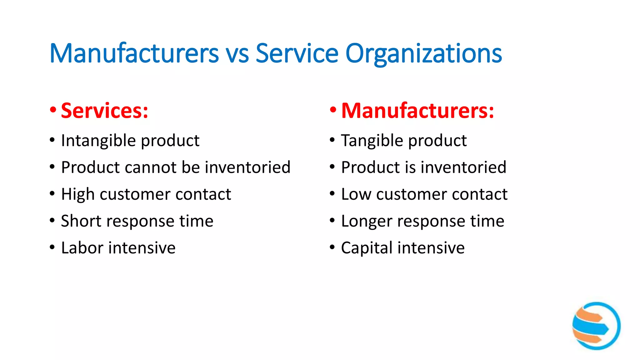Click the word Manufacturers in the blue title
tap(134, 53)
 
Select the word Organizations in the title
tap(423, 54)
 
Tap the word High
tap(78, 194)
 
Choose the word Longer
tap(366, 221)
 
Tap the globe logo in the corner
tap(596, 326)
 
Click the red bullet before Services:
tap(53, 110)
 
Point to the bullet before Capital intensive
tap(332, 248)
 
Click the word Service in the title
tap(297, 53)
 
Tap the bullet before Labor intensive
tap(52, 248)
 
